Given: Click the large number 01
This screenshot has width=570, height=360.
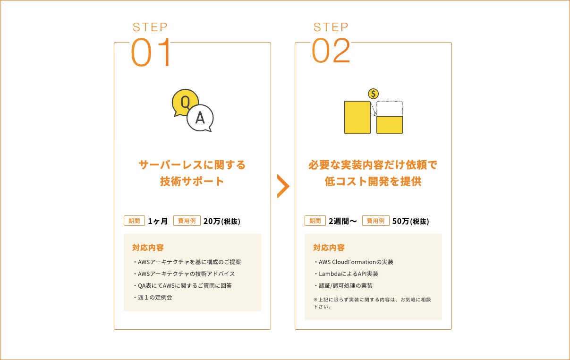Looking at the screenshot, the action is [151, 52].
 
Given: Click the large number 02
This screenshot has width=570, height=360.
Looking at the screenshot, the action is [331, 50].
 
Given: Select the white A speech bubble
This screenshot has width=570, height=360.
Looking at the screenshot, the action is [201, 118].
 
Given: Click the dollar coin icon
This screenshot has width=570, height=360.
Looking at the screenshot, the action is [373, 94].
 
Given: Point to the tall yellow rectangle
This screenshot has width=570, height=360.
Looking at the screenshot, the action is [357, 117].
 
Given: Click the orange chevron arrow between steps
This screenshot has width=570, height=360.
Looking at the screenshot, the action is [283, 186].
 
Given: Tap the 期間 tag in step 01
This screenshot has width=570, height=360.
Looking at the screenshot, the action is [134, 221].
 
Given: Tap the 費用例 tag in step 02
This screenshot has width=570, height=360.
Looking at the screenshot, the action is [375, 221].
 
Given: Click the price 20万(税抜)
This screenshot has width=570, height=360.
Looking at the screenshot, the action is [221, 221].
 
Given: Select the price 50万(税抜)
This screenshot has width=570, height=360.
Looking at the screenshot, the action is [410, 221].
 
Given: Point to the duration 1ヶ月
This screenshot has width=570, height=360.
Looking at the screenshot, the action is [158, 221].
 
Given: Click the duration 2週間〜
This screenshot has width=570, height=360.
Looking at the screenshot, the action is [342, 221].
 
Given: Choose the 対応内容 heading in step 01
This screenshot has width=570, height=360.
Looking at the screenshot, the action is [148, 248].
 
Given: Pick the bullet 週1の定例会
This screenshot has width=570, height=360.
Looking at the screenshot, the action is [153, 297].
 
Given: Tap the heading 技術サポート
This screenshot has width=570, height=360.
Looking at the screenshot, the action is [192, 181].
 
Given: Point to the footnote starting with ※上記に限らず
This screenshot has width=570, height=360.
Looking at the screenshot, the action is [372, 303].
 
